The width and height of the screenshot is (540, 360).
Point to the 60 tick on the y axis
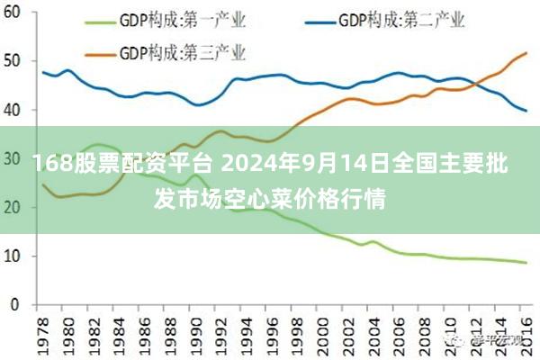coord(13,13)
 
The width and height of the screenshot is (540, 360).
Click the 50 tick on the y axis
coord(13,61)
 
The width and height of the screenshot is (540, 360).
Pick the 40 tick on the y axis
coord(13,110)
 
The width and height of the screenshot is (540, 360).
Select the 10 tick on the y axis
coord(13,256)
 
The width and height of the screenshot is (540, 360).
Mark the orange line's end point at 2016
coord(526,53)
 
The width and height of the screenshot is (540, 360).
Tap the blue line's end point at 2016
coord(526,111)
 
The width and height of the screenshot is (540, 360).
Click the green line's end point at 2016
coord(526,263)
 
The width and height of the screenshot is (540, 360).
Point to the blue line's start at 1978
coord(43,72)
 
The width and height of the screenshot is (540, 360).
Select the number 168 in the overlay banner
coord(51,164)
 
